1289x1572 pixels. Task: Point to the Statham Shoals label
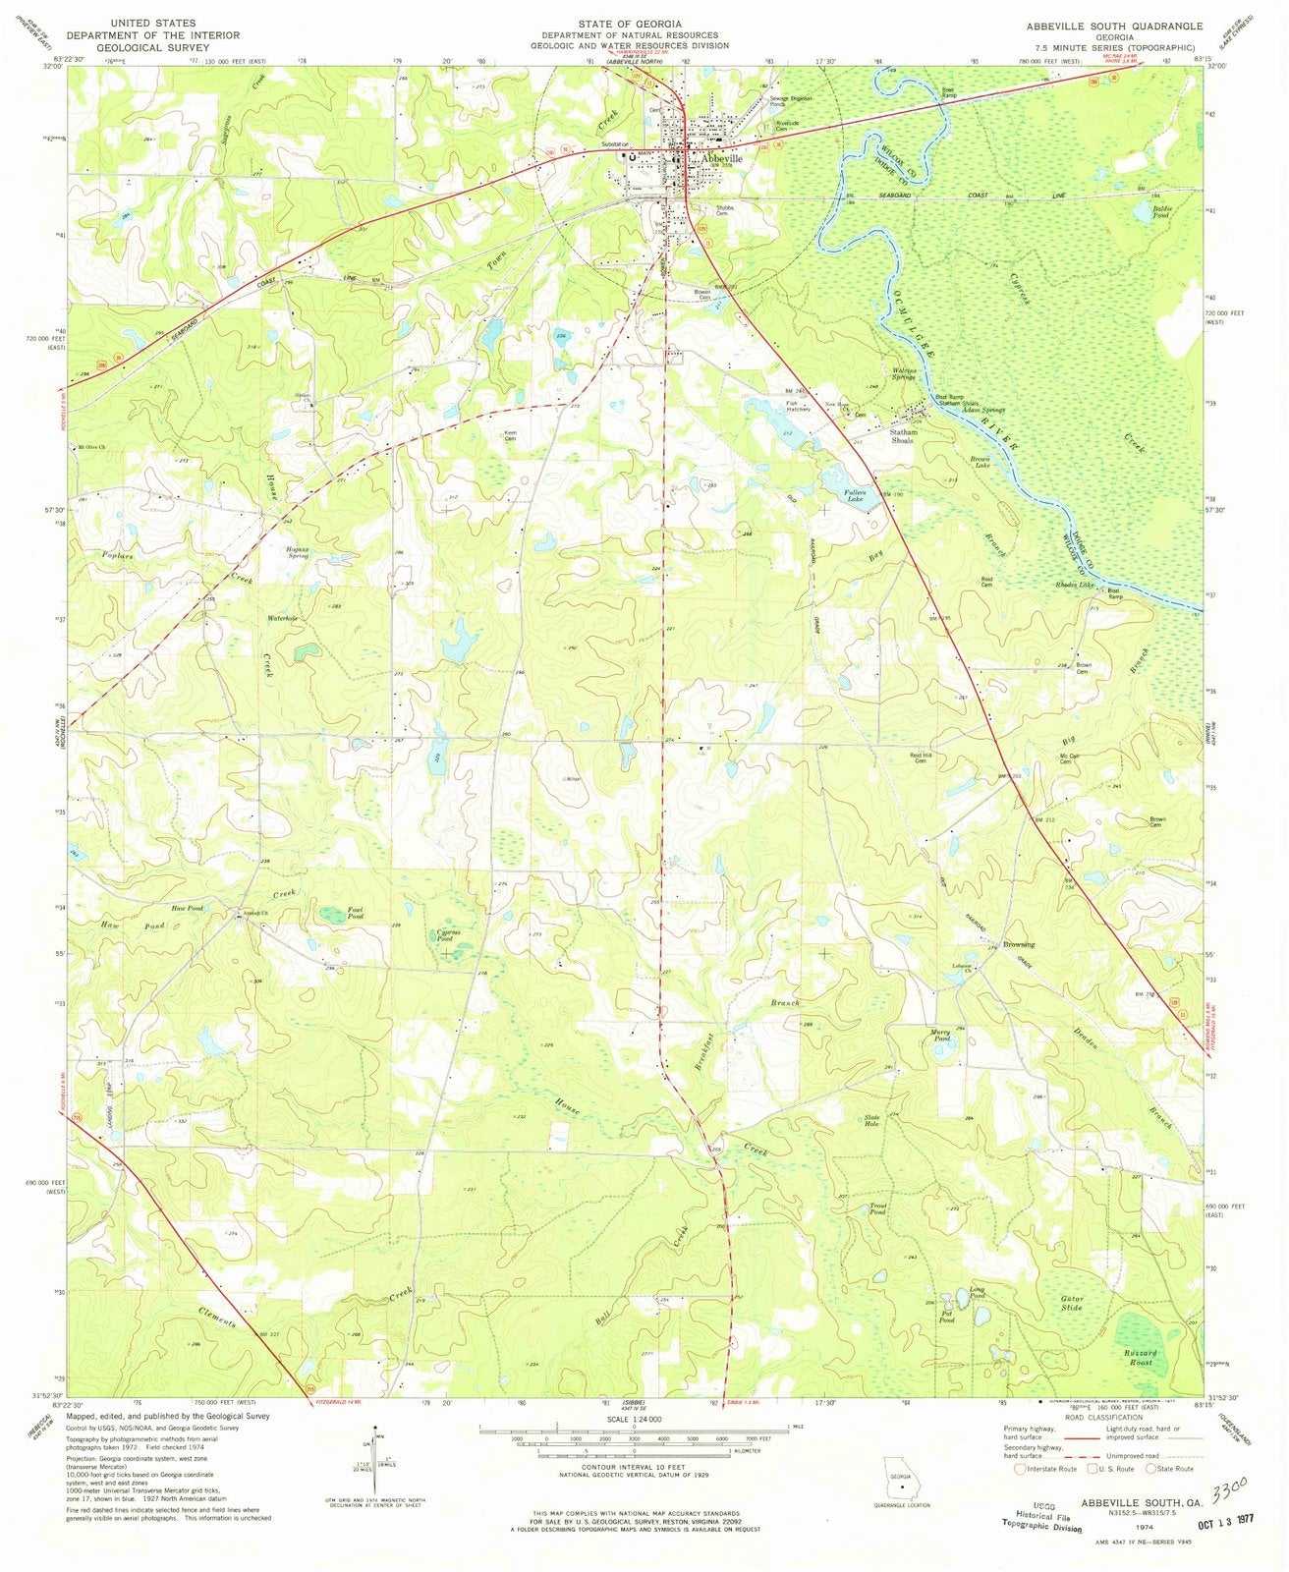[903, 436]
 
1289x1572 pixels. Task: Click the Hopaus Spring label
[297, 553]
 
